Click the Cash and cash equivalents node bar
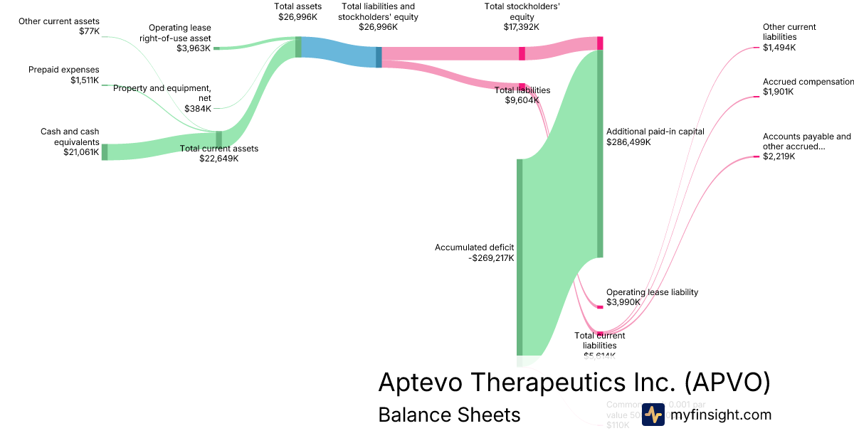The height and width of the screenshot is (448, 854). tap(105, 151)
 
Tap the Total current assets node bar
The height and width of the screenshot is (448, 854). tap(219, 139)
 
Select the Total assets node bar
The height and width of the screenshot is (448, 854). tap(299, 47)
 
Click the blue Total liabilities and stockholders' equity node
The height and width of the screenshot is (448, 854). tap(379, 57)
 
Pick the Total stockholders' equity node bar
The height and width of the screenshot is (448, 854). tap(522, 53)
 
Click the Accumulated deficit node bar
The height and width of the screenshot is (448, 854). tap(520, 256)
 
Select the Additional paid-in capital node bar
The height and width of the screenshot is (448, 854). tap(600, 153)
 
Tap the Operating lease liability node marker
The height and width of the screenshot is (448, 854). tap(600, 306)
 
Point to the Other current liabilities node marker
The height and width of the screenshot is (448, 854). tap(757, 48)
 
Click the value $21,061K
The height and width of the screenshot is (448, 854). tap(81, 151)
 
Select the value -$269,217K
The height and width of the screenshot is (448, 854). tap(492, 258)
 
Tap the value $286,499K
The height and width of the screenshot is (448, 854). tap(628, 142)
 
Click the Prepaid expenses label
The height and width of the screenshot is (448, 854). tap(64, 70)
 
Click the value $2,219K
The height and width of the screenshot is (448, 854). tap(779, 156)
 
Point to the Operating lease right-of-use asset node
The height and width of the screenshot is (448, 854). tap(217, 48)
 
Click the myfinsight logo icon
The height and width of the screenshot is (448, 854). tap(653, 415)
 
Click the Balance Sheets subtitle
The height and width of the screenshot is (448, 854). tap(449, 415)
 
